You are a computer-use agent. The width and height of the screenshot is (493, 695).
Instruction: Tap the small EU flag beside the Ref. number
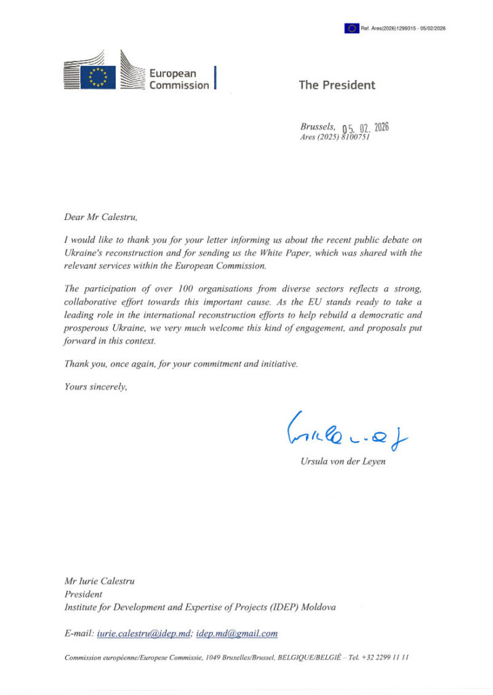point(351,28)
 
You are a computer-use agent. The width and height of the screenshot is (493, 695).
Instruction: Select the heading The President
point(337,85)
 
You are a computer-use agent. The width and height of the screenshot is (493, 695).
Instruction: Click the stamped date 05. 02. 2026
point(366,128)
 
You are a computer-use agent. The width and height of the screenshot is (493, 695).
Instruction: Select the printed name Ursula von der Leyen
point(343,462)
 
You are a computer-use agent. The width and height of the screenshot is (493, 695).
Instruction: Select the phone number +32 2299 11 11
point(384,658)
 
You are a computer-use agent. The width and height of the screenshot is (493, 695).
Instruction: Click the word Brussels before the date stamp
point(317,126)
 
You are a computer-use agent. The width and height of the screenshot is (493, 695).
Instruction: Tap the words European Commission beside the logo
point(179,79)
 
